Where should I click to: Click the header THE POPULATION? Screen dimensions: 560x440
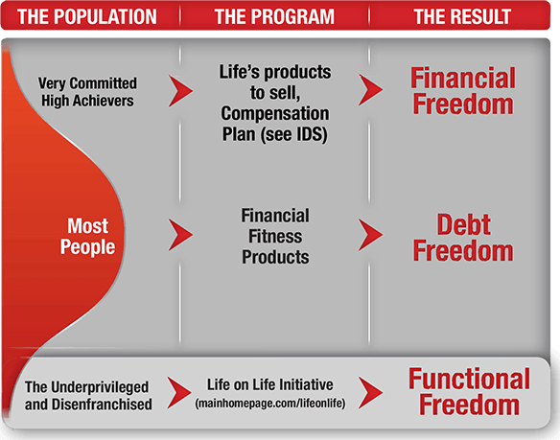pyautogui.click(x=87, y=16)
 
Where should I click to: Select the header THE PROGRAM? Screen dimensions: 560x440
pyautogui.click(x=274, y=16)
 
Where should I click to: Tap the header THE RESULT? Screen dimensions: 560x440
pyautogui.click(x=462, y=16)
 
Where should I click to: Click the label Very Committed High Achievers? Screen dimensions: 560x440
pyautogui.click(x=87, y=92)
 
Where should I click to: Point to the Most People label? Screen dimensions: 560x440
pyautogui.click(x=87, y=236)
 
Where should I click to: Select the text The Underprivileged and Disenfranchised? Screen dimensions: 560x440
pyautogui.click(x=88, y=396)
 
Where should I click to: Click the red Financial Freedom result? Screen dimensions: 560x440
pyautogui.click(x=463, y=91)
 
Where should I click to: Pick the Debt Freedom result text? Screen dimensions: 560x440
pyautogui.click(x=463, y=238)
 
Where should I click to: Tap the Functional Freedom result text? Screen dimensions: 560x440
pyautogui.click(x=469, y=392)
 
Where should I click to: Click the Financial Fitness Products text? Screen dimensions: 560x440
pyautogui.click(x=275, y=237)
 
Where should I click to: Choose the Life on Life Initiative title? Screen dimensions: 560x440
pyautogui.click(x=270, y=385)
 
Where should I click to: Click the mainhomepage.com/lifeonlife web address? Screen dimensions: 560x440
pyautogui.click(x=270, y=404)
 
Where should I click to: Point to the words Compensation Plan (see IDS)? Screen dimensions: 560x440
pyautogui.click(x=274, y=125)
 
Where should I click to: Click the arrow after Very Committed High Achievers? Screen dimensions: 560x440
pyautogui.click(x=180, y=91)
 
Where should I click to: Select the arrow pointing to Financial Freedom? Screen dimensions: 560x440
pyautogui.click(x=370, y=90)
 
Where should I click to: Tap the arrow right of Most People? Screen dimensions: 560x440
pyautogui.click(x=180, y=235)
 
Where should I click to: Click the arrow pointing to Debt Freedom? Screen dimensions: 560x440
pyautogui.click(x=370, y=235)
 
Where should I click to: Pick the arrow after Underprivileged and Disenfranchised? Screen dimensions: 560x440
pyautogui.click(x=179, y=393)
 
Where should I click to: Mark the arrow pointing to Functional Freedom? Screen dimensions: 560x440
pyautogui.click(x=370, y=393)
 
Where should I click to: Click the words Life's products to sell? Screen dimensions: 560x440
pyautogui.click(x=275, y=82)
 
